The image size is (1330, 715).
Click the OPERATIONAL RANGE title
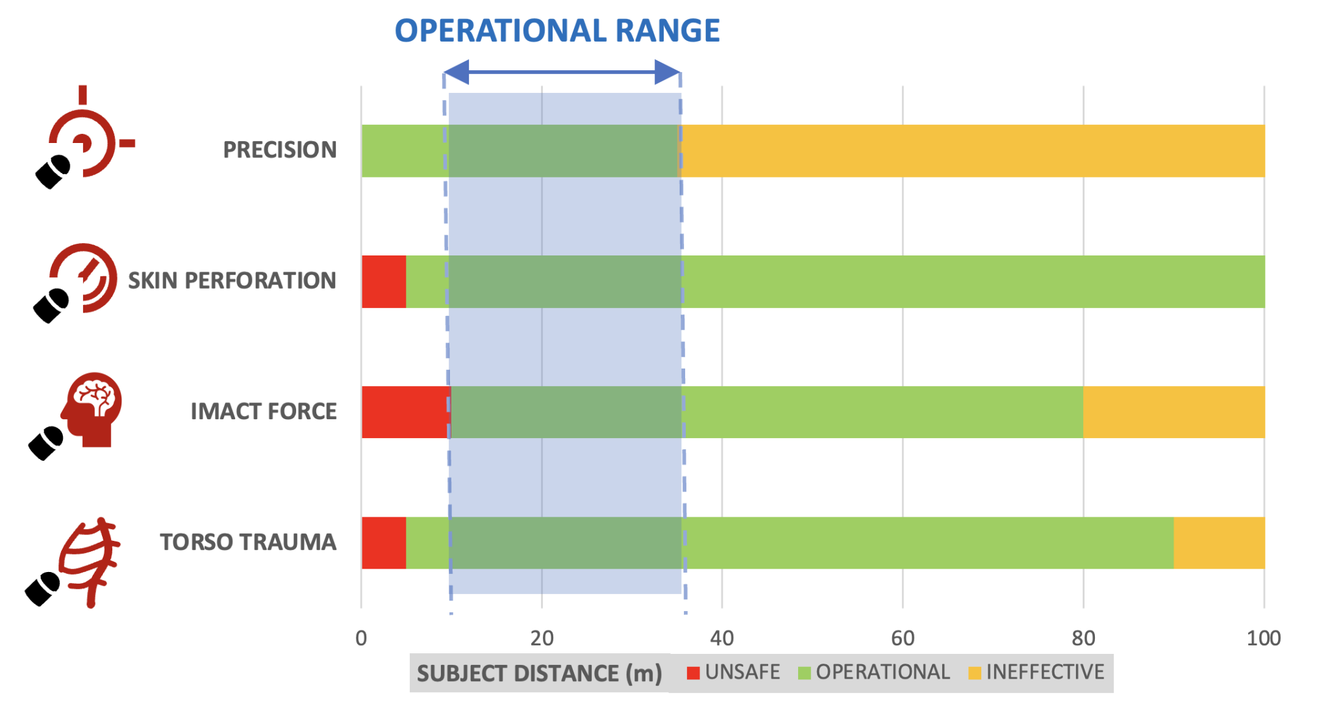click(x=557, y=31)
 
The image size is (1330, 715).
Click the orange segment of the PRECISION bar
click(x=972, y=151)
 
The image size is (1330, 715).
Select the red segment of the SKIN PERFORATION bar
click(x=384, y=281)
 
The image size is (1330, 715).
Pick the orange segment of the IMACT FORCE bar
click(x=1173, y=412)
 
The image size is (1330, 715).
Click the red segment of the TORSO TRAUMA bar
click(x=384, y=543)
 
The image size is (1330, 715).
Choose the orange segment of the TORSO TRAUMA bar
click(x=1219, y=543)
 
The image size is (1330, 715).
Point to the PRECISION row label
click(x=280, y=150)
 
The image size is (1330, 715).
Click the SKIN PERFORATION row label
click(x=232, y=281)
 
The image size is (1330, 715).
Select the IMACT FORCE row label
click(x=264, y=411)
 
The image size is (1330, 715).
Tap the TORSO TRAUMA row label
click(x=248, y=542)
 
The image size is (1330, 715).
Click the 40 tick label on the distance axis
click(x=721, y=638)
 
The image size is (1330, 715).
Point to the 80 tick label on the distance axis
click(x=1083, y=638)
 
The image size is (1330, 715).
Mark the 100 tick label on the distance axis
click(x=1263, y=638)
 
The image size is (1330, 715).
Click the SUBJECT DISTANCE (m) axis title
click(x=539, y=673)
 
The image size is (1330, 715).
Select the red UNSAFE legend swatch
click(x=693, y=673)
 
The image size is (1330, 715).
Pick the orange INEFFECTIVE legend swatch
click(x=974, y=673)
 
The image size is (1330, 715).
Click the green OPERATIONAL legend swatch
click(x=804, y=673)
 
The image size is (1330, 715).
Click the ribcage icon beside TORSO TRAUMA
click(x=90, y=560)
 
